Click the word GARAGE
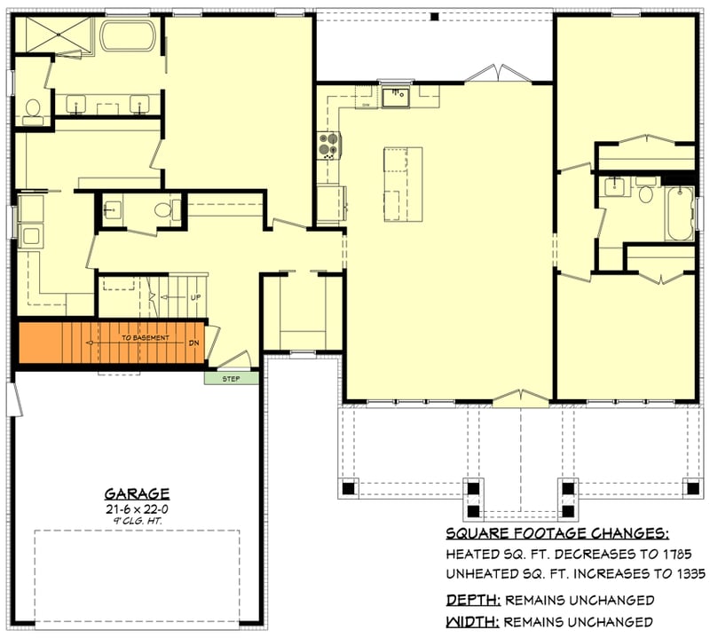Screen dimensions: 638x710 point(137,493)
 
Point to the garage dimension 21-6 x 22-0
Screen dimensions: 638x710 point(137,508)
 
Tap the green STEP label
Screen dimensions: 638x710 point(232,378)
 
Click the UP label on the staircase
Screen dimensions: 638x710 point(194,296)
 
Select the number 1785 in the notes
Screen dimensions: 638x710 point(677,554)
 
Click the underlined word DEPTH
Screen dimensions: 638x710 point(471,600)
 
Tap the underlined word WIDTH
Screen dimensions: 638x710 point(471,621)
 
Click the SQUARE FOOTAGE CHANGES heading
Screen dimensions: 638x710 point(556,533)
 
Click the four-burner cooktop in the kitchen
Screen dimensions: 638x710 point(328,145)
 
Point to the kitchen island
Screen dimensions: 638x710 point(402,185)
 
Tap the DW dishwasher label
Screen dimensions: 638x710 point(366,105)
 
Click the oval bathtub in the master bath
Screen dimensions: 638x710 point(128,37)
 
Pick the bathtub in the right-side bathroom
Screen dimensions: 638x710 point(680,212)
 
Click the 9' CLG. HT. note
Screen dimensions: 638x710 point(137,522)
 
